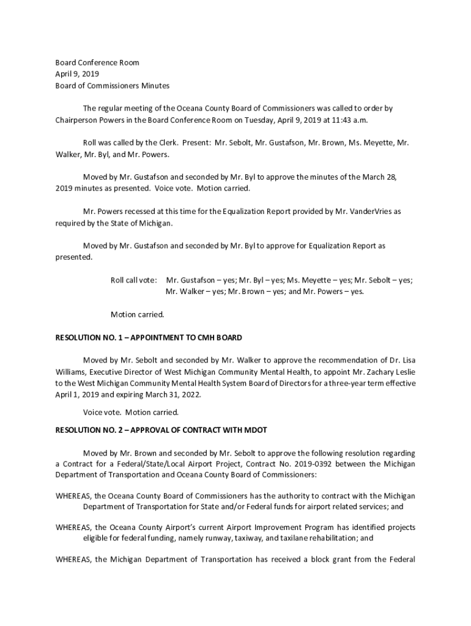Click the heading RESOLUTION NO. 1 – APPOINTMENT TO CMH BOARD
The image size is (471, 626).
[x=149, y=337]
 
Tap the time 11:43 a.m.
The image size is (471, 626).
[x=347, y=120]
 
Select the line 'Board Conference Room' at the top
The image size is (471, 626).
[x=97, y=62]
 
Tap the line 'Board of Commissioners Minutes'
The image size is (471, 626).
[x=113, y=86]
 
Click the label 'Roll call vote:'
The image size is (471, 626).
[x=133, y=280]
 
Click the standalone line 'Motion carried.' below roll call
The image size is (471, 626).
[x=137, y=315]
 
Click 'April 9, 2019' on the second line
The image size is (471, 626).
[x=76, y=74]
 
